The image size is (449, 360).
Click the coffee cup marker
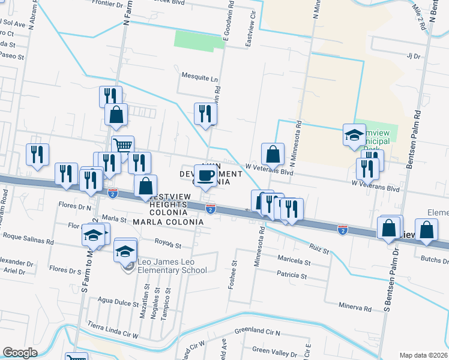[x=206, y=175]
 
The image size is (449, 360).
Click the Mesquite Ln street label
[x=199, y=77]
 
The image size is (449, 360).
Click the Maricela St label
[x=294, y=262]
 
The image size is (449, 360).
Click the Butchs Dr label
[x=435, y=259]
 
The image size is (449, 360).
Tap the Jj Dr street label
[x=412, y=56]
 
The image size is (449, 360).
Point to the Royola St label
[x=168, y=245]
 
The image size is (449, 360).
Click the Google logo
[x=20, y=353]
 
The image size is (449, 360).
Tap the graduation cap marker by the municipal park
[x=354, y=134]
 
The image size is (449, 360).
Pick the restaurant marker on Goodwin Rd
[x=205, y=114]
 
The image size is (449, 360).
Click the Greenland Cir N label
[x=258, y=331]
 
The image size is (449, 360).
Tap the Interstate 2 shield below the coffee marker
[x=210, y=208]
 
